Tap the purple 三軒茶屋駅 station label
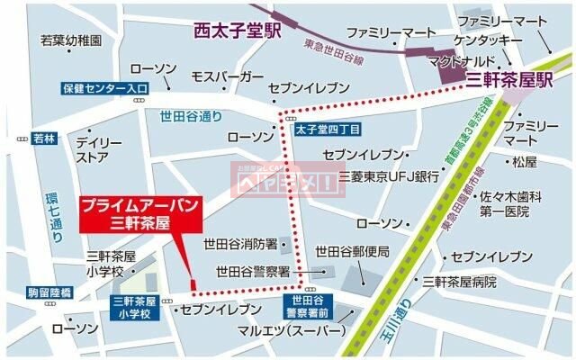(510, 80)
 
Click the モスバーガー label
(228, 76)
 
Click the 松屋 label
(524, 163)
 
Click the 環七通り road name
(52, 218)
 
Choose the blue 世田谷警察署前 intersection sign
(304, 306)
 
